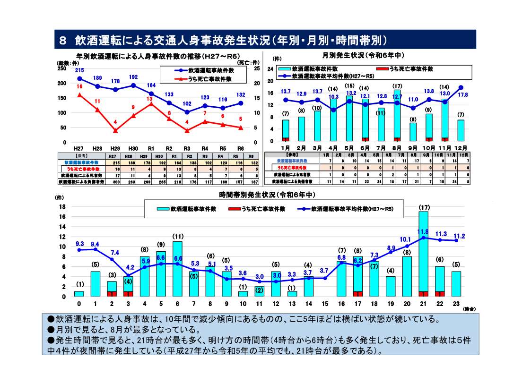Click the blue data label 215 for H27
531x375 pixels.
(79, 70)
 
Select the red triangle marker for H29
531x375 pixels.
(115, 130)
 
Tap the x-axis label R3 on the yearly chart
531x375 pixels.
(187, 148)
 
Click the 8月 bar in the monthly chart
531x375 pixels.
(397, 116)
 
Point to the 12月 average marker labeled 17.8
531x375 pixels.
(461, 87)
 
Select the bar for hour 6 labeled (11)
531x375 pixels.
(177, 269)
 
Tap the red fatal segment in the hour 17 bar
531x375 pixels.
(358, 294)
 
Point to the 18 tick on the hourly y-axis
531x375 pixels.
(61, 207)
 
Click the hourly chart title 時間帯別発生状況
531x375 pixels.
(267, 195)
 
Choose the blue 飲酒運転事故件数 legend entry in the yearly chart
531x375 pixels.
(204, 70)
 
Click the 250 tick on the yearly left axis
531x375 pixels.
(61, 68)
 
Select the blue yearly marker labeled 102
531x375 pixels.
(187, 112)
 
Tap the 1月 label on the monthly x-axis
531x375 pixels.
(286, 148)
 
